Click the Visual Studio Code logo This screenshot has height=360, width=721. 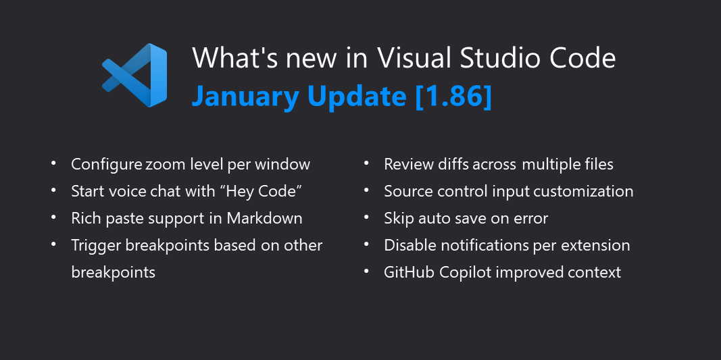pyautogui.click(x=134, y=75)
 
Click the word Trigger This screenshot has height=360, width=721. pyautogui.click(x=96, y=245)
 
